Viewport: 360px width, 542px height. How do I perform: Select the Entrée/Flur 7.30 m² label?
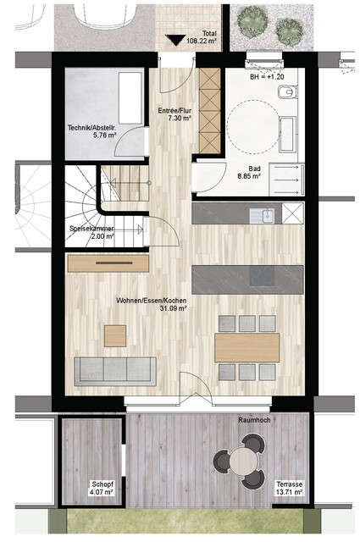[174, 115]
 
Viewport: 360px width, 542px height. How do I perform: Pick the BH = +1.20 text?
[269, 76]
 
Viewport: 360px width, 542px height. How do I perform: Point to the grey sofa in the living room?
[115, 368]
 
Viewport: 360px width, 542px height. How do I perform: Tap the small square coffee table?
[115, 335]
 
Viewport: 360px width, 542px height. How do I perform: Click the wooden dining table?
[246, 346]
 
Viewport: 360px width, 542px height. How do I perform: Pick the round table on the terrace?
[243, 460]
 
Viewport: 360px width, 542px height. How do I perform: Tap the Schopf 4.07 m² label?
[102, 487]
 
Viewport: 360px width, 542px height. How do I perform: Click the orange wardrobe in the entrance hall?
[208, 110]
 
